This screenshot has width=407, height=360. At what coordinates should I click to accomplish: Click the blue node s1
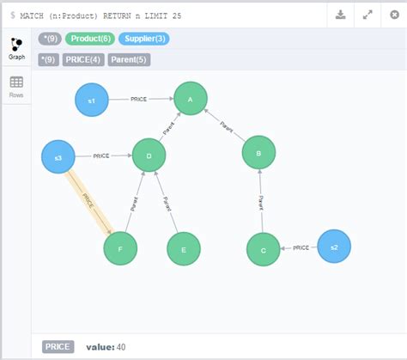coord(92,100)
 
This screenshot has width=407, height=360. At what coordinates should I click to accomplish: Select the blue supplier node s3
coord(58,156)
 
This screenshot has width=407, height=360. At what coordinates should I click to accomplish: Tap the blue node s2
coord(334,247)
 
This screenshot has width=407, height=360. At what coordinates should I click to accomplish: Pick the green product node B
coord(258,153)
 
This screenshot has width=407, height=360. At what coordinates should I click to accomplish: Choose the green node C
coord(263,249)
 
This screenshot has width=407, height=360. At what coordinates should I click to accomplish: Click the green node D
coord(149,156)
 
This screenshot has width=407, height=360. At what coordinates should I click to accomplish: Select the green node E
coord(183,249)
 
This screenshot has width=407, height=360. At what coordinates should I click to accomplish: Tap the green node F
coord(120,248)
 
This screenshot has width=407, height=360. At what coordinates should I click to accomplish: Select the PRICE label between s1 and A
coord(139,100)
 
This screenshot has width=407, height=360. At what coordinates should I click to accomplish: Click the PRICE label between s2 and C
coord(301,247)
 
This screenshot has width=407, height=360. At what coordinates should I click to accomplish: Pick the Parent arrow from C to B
coord(260,202)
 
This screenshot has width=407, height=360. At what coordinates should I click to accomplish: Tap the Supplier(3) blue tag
coord(143,39)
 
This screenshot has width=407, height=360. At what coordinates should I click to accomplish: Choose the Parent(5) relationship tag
coord(130,59)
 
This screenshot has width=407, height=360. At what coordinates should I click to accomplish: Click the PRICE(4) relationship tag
coord(83,59)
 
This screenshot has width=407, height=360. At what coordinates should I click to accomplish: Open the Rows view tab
coord(16,87)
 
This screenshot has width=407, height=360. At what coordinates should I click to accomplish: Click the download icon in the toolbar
coord(341,14)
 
